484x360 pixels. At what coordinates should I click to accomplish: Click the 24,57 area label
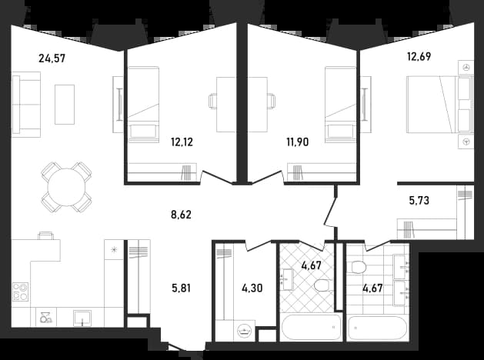tap(52, 58)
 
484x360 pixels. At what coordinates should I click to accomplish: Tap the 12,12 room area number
tap(182, 142)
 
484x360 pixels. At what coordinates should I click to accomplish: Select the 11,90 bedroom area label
tap(298, 142)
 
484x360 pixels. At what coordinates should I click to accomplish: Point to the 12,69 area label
tap(419, 57)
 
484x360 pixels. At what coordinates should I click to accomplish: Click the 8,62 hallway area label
tap(181, 215)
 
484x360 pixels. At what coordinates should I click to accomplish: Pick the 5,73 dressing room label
tap(419, 201)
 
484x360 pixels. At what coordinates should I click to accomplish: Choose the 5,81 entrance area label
tap(181, 288)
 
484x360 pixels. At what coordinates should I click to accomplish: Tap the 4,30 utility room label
tap(252, 288)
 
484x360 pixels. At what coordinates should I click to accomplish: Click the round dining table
tap(66, 187)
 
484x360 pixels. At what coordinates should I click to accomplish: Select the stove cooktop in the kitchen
tap(20, 292)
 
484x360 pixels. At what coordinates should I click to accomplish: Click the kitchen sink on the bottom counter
tap(82, 318)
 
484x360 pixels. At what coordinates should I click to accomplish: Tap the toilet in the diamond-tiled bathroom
tap(323, 285)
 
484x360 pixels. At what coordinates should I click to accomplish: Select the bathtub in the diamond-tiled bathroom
tap(311, 327)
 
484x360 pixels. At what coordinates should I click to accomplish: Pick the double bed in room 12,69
tap(439, 105)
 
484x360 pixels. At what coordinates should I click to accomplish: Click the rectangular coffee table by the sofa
tap(65, 105)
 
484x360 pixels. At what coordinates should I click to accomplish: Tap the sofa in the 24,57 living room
tap(26, 105)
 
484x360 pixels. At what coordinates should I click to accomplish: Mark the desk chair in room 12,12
tap(212, 101)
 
